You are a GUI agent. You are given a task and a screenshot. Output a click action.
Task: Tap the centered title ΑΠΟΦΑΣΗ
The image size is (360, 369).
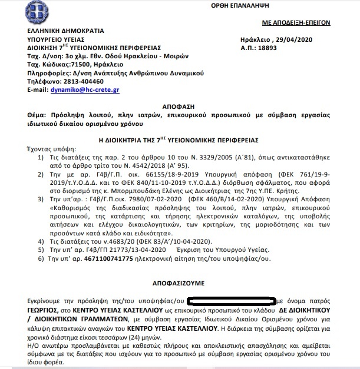[180, 101]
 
